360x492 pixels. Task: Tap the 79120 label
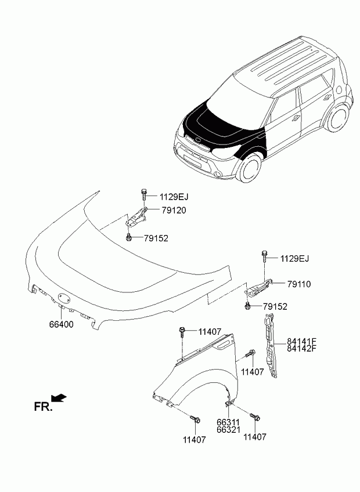pos(174,210)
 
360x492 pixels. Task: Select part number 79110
pos(299,284)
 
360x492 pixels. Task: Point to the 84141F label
pos(302,341)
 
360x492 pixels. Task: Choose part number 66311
pos(228,422)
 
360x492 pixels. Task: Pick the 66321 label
pos(228,430)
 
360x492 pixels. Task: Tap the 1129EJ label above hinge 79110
pos(295,258)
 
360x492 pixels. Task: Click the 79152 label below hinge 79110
pos(275,306)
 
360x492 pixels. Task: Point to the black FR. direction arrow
pos(59,397)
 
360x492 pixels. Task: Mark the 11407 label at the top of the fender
pos(210,332)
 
